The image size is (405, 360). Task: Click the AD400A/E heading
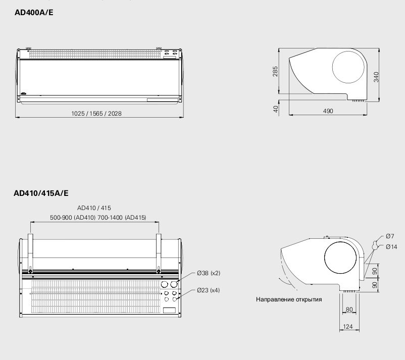click(x=34, y=13)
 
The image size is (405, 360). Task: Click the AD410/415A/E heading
click(x=41, y=193)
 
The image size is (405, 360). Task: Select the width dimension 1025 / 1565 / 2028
click(x=96, y=114)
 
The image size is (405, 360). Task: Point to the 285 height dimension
click(x=275, y=72)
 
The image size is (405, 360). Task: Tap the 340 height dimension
click(x=376, y=77)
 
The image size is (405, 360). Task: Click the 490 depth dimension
click(x=328, y=111)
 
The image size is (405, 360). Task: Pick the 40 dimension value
click(x=276, y=109)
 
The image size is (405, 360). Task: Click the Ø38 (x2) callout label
click(x=209, y=273)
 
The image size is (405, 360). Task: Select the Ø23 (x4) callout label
click(x=208, y=290)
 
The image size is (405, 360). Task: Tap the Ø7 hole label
click(x=390, y=236)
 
